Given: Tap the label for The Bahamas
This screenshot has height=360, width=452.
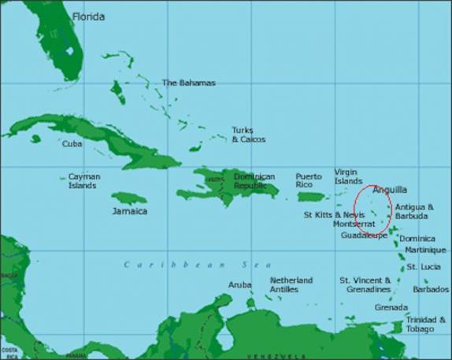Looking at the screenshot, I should click(188, 83).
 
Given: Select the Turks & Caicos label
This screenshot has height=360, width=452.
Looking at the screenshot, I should click(248, 135).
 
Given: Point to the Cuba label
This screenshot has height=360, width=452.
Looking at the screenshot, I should click(72, 143).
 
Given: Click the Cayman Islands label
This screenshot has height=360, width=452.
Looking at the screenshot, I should click(83, 181).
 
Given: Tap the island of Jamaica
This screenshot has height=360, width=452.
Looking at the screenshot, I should click(128, 198).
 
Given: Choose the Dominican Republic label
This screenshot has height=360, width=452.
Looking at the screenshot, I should click(254, 181).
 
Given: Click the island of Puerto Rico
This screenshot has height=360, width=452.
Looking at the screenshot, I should click(311, 196).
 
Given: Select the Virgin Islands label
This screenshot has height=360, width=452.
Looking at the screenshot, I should click(348, 176).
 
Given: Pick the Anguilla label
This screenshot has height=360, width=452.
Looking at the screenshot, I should click(390, 190).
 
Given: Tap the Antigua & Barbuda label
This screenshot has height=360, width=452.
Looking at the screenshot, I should click(413, 211).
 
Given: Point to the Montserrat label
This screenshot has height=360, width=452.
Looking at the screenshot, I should click(354, 225).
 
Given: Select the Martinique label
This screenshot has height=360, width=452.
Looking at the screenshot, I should click(421, 250).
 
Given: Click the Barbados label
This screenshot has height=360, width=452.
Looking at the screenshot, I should click(432, 289).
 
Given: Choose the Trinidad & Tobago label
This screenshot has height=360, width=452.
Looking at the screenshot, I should click(426, 325).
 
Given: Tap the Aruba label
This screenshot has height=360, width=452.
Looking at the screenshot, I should click(239, 284).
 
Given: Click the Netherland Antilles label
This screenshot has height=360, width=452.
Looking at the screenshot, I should click(291, 284).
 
